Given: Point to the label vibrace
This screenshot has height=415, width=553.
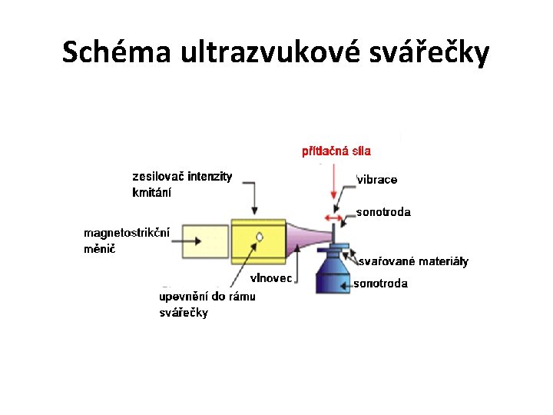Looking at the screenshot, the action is (377, 180).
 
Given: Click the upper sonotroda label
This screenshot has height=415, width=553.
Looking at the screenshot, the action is (383, 212).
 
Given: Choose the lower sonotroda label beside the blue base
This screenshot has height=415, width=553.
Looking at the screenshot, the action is (381, 284).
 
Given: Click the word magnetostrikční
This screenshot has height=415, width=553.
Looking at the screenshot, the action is (127, 231).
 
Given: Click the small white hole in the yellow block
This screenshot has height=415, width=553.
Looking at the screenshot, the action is (260, 237).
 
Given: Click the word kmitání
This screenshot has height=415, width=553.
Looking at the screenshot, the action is (152, 192).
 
